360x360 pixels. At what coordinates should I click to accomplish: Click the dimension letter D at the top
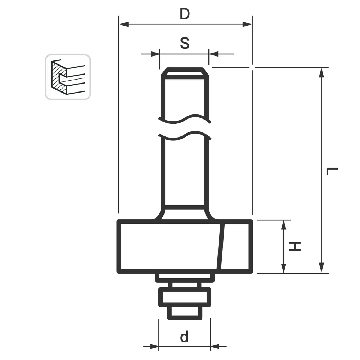click(185, 14)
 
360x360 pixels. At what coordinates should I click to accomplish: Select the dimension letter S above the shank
click(184, 43)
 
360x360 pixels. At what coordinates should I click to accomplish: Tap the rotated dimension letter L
click(332, 171)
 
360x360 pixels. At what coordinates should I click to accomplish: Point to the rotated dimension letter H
click(296, 247)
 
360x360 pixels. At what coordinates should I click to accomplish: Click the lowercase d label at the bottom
click(184, 337)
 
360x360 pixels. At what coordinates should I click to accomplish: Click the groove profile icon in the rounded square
click(68, 77)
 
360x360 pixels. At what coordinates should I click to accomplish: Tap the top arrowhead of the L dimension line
click(322, 72)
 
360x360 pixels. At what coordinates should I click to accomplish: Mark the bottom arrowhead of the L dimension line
click(322, 268)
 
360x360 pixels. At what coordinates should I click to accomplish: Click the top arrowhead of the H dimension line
click(284, 225)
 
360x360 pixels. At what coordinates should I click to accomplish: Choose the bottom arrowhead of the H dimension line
click(284, 268)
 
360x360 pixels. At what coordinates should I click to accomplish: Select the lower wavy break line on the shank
click(184, 136)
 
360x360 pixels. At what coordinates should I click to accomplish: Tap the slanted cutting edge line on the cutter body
click(221, 247)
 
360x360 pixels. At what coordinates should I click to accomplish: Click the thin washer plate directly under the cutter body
click(185, 277)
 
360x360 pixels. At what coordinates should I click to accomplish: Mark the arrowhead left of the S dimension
click(155, 54)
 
